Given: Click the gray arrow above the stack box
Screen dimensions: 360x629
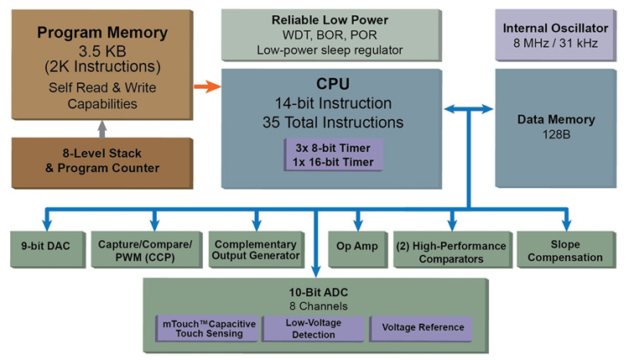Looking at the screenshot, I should click(101, 128).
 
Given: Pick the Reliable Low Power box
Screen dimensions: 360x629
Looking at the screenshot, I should click(331, 34).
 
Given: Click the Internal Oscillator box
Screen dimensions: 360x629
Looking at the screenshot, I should click(555, 34).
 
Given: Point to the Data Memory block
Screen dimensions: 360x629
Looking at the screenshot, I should click(555, 126).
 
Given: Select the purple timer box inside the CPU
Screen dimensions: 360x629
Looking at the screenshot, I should click(334, 154).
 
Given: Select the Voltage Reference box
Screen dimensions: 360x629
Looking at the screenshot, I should click(423, 327).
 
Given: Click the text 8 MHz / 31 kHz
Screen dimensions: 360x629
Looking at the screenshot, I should click(555, 43).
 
